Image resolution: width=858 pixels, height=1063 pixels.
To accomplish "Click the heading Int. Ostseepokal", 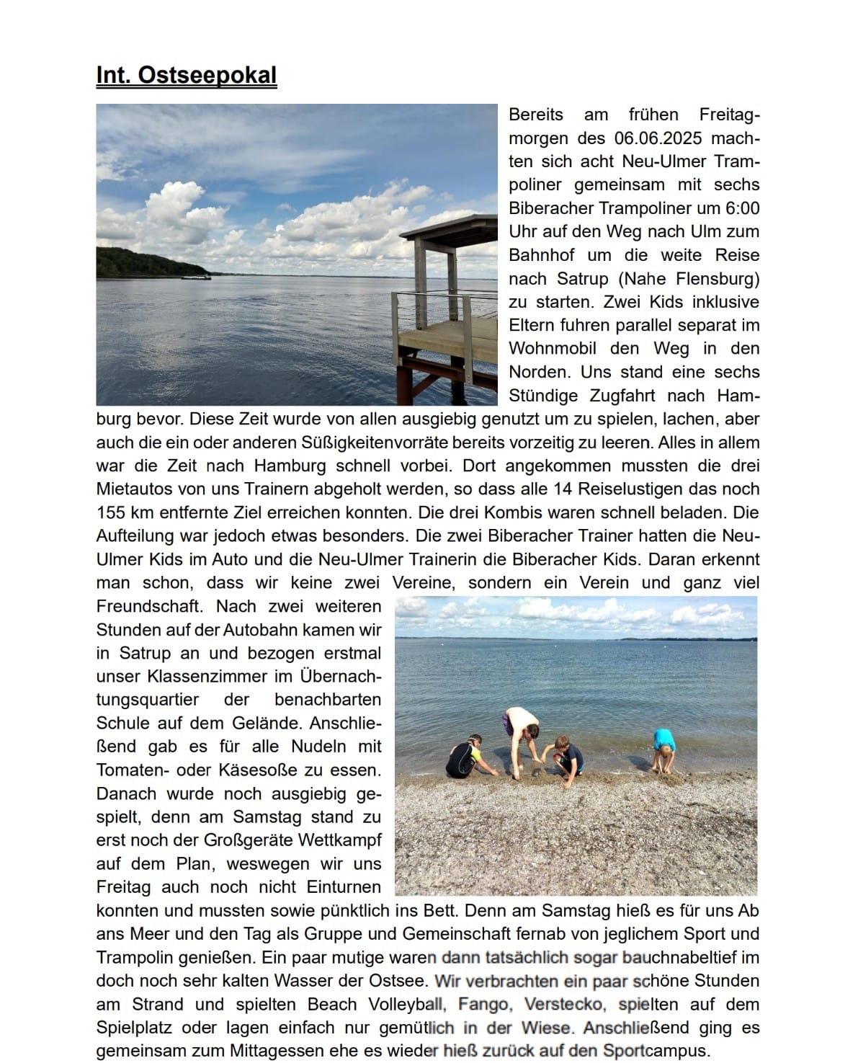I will [x=186, y=75].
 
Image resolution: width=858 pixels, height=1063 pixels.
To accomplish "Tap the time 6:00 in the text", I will [x=742, y=208].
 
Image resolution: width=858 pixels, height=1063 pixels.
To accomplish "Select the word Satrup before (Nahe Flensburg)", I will [x=582, y=278].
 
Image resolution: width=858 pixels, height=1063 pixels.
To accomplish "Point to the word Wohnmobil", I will [x=553, y=348].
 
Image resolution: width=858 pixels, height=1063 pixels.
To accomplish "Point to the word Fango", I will [x=483, y=1004].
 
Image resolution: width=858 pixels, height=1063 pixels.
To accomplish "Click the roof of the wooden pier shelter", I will [x=448, y=227].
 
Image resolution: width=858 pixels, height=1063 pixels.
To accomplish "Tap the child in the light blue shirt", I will [x=663, y=750].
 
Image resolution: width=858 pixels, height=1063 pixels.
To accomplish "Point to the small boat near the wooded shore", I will [x=195, y=276].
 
